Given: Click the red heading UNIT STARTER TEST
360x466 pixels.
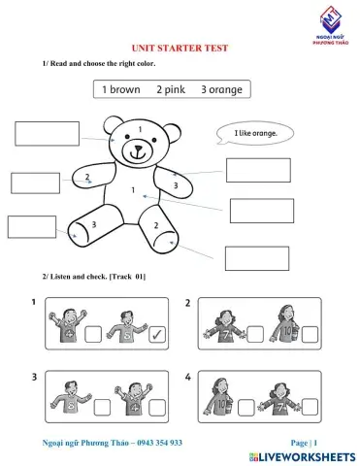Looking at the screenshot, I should pos(180,48).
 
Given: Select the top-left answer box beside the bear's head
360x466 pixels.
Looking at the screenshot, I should pos(47,133).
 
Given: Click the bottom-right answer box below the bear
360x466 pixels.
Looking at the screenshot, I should pos(256,258).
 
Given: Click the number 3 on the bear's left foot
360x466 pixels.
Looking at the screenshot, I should pos(93,224).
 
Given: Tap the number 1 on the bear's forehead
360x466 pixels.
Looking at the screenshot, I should pos(140,128).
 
